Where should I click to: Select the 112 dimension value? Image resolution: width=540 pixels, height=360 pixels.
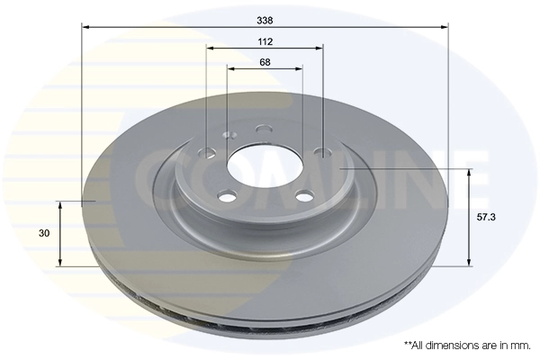265,41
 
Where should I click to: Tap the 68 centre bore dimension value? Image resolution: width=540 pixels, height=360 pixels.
265,62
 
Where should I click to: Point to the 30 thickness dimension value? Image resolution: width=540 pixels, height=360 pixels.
44,233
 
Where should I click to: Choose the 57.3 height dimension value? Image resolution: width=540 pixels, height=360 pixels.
486,217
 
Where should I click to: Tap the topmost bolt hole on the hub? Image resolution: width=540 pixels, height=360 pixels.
263,129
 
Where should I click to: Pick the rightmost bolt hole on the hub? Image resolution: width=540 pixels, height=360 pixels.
321,151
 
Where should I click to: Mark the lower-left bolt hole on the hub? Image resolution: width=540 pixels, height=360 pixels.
228,195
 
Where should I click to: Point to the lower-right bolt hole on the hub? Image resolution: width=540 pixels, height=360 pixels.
304,195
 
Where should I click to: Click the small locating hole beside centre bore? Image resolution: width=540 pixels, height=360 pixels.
228,136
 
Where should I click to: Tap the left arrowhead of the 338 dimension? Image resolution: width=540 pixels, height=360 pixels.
85,27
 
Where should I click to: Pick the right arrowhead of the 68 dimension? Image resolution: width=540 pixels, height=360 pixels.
299,68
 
